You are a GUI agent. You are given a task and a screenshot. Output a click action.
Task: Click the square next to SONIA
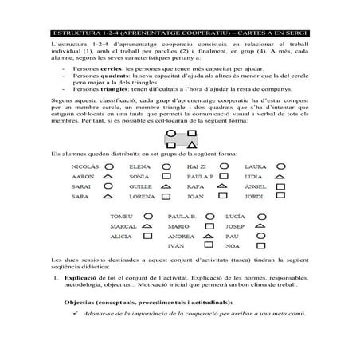(166, 176)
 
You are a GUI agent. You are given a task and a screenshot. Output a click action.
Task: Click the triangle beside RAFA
(224, 186)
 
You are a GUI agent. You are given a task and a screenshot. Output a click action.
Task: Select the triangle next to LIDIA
(280, 176)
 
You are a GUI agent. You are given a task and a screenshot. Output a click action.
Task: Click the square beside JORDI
(280, 196)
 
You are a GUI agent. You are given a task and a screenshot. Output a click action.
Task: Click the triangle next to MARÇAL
(147, 227)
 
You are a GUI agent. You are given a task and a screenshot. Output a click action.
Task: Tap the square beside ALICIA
(147, 237)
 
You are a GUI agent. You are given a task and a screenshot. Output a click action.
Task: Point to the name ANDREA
(182, 237)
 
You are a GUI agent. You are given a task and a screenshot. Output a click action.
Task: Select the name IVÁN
(178, 247)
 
